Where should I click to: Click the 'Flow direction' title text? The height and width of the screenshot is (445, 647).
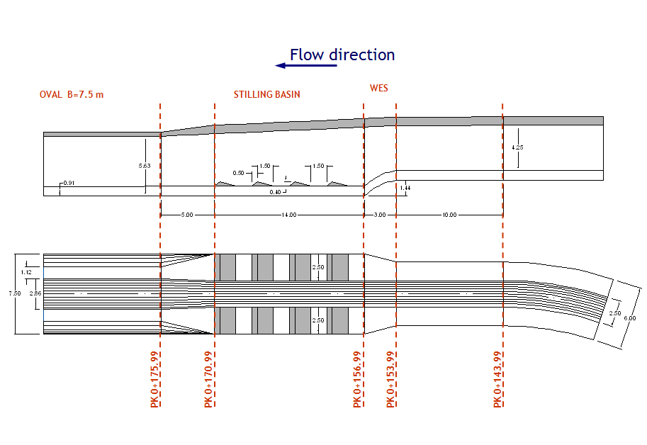point(342,55)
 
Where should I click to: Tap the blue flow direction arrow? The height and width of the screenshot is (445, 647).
point(306,66)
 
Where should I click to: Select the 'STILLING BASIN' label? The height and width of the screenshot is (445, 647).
point(267,95)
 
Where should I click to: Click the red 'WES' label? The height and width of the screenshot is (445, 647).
point(378,89)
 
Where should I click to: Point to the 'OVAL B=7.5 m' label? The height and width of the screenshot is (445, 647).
point(72,95)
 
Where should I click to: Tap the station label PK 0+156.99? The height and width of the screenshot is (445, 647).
point(358,379)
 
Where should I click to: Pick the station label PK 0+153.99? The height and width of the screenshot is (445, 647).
point(390,379)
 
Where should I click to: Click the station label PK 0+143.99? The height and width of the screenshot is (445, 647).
point(497,379)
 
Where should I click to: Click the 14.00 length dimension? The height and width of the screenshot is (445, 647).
point(288,215)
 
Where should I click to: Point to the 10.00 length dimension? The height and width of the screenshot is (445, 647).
point(449,215)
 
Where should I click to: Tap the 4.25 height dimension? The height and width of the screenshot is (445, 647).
point(517,147)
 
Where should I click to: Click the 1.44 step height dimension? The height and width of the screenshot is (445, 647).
point(405,187)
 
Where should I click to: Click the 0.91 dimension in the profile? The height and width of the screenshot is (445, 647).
point(68,184)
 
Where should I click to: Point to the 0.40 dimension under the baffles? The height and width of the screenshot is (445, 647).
point(274,192)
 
